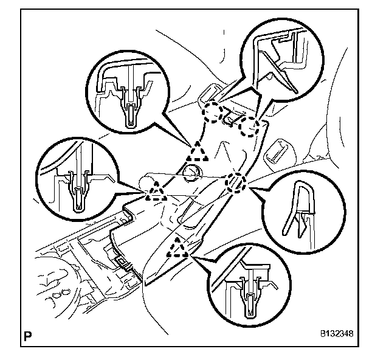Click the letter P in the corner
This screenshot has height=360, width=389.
28,334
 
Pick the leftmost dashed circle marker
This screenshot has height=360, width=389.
212,112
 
